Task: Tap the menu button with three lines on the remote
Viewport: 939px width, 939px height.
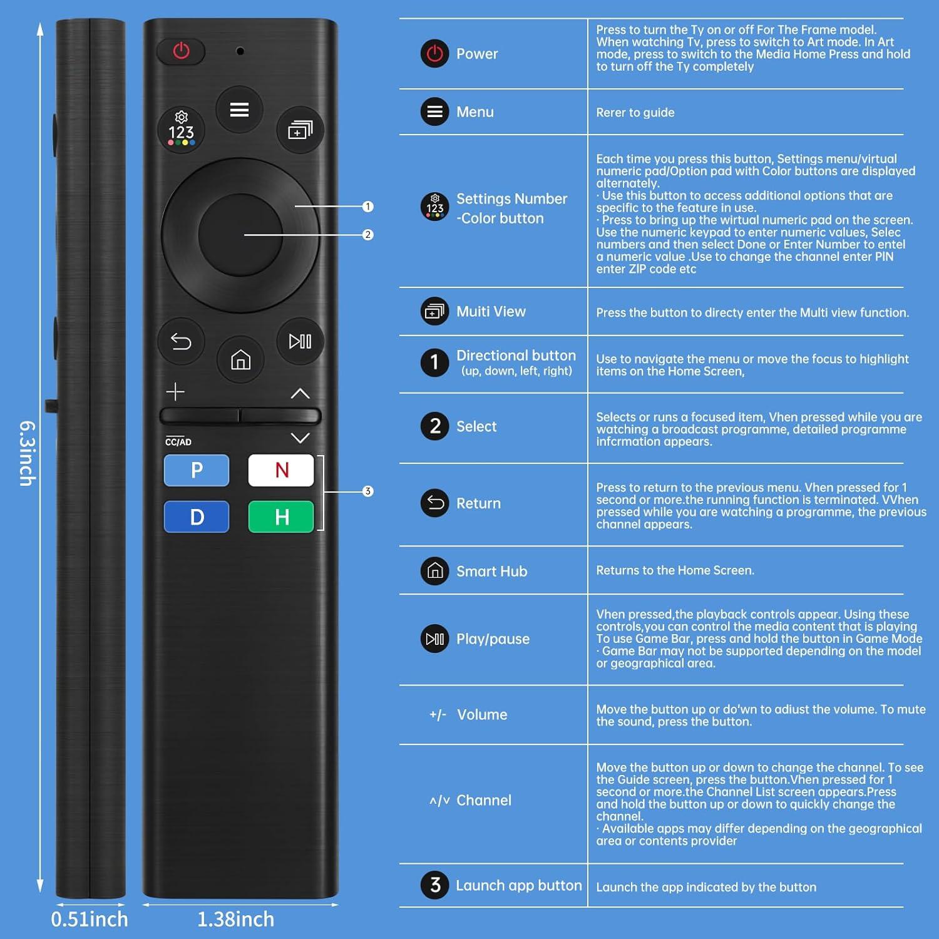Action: coord(239,110)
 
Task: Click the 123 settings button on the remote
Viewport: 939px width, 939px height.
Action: coord(181,129)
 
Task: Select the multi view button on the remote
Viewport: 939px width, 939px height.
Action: coord(300,130)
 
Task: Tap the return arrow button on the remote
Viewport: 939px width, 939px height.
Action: coord(181,341)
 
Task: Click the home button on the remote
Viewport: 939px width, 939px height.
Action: coord(240,360)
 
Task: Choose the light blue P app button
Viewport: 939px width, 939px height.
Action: coord(197,470)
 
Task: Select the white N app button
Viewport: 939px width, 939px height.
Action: coord(281,470)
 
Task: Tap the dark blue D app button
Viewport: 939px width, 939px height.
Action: coord(197,517)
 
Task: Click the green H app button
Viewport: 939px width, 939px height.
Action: coord(281,517)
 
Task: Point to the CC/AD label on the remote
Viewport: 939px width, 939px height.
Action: coord(178,441)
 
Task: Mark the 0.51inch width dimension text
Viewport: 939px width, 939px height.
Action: coord(90,919)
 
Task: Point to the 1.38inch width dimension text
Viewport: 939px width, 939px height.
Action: coord(236,919)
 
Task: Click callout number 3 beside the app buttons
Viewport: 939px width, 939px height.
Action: coord(367,491)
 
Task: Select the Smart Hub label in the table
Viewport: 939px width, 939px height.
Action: coord(491,571)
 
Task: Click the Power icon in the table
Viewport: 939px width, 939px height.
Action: coord(434,54)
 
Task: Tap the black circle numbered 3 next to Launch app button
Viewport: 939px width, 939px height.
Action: coord(434,885)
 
